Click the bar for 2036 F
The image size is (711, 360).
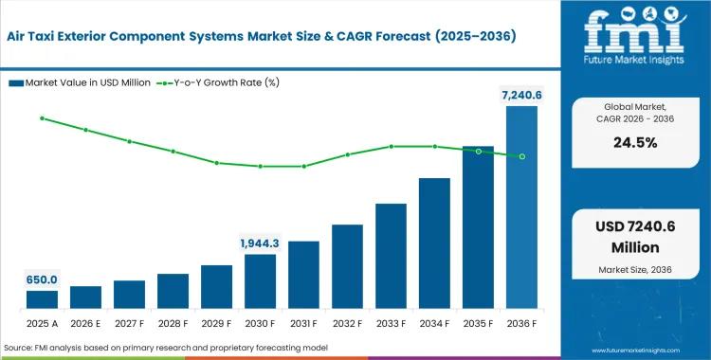click(521, 207)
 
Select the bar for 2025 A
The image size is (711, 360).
click(42, 299)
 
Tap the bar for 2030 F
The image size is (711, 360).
click(261, 281)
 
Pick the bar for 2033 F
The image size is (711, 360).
click(391, 256)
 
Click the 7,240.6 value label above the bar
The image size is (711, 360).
click(521, 96)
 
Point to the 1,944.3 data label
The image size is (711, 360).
click(260, 243)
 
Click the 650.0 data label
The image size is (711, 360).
click(42, 279)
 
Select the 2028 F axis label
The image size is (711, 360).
click(173, 324)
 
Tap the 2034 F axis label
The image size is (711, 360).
click(434, 324)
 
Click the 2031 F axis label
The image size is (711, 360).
click(303, 324)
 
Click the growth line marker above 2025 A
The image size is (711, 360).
click(42, 118)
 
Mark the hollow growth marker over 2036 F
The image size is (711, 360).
click(522, 156)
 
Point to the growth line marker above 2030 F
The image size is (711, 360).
click(261, 167)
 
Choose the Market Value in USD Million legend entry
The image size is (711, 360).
click(80, 83)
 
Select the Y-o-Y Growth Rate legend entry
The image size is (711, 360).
click(218, 83)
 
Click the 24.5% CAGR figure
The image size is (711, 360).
click(635, 143)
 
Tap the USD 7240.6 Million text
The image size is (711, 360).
click(635, 237)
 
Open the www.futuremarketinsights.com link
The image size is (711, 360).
click(635, 351)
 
